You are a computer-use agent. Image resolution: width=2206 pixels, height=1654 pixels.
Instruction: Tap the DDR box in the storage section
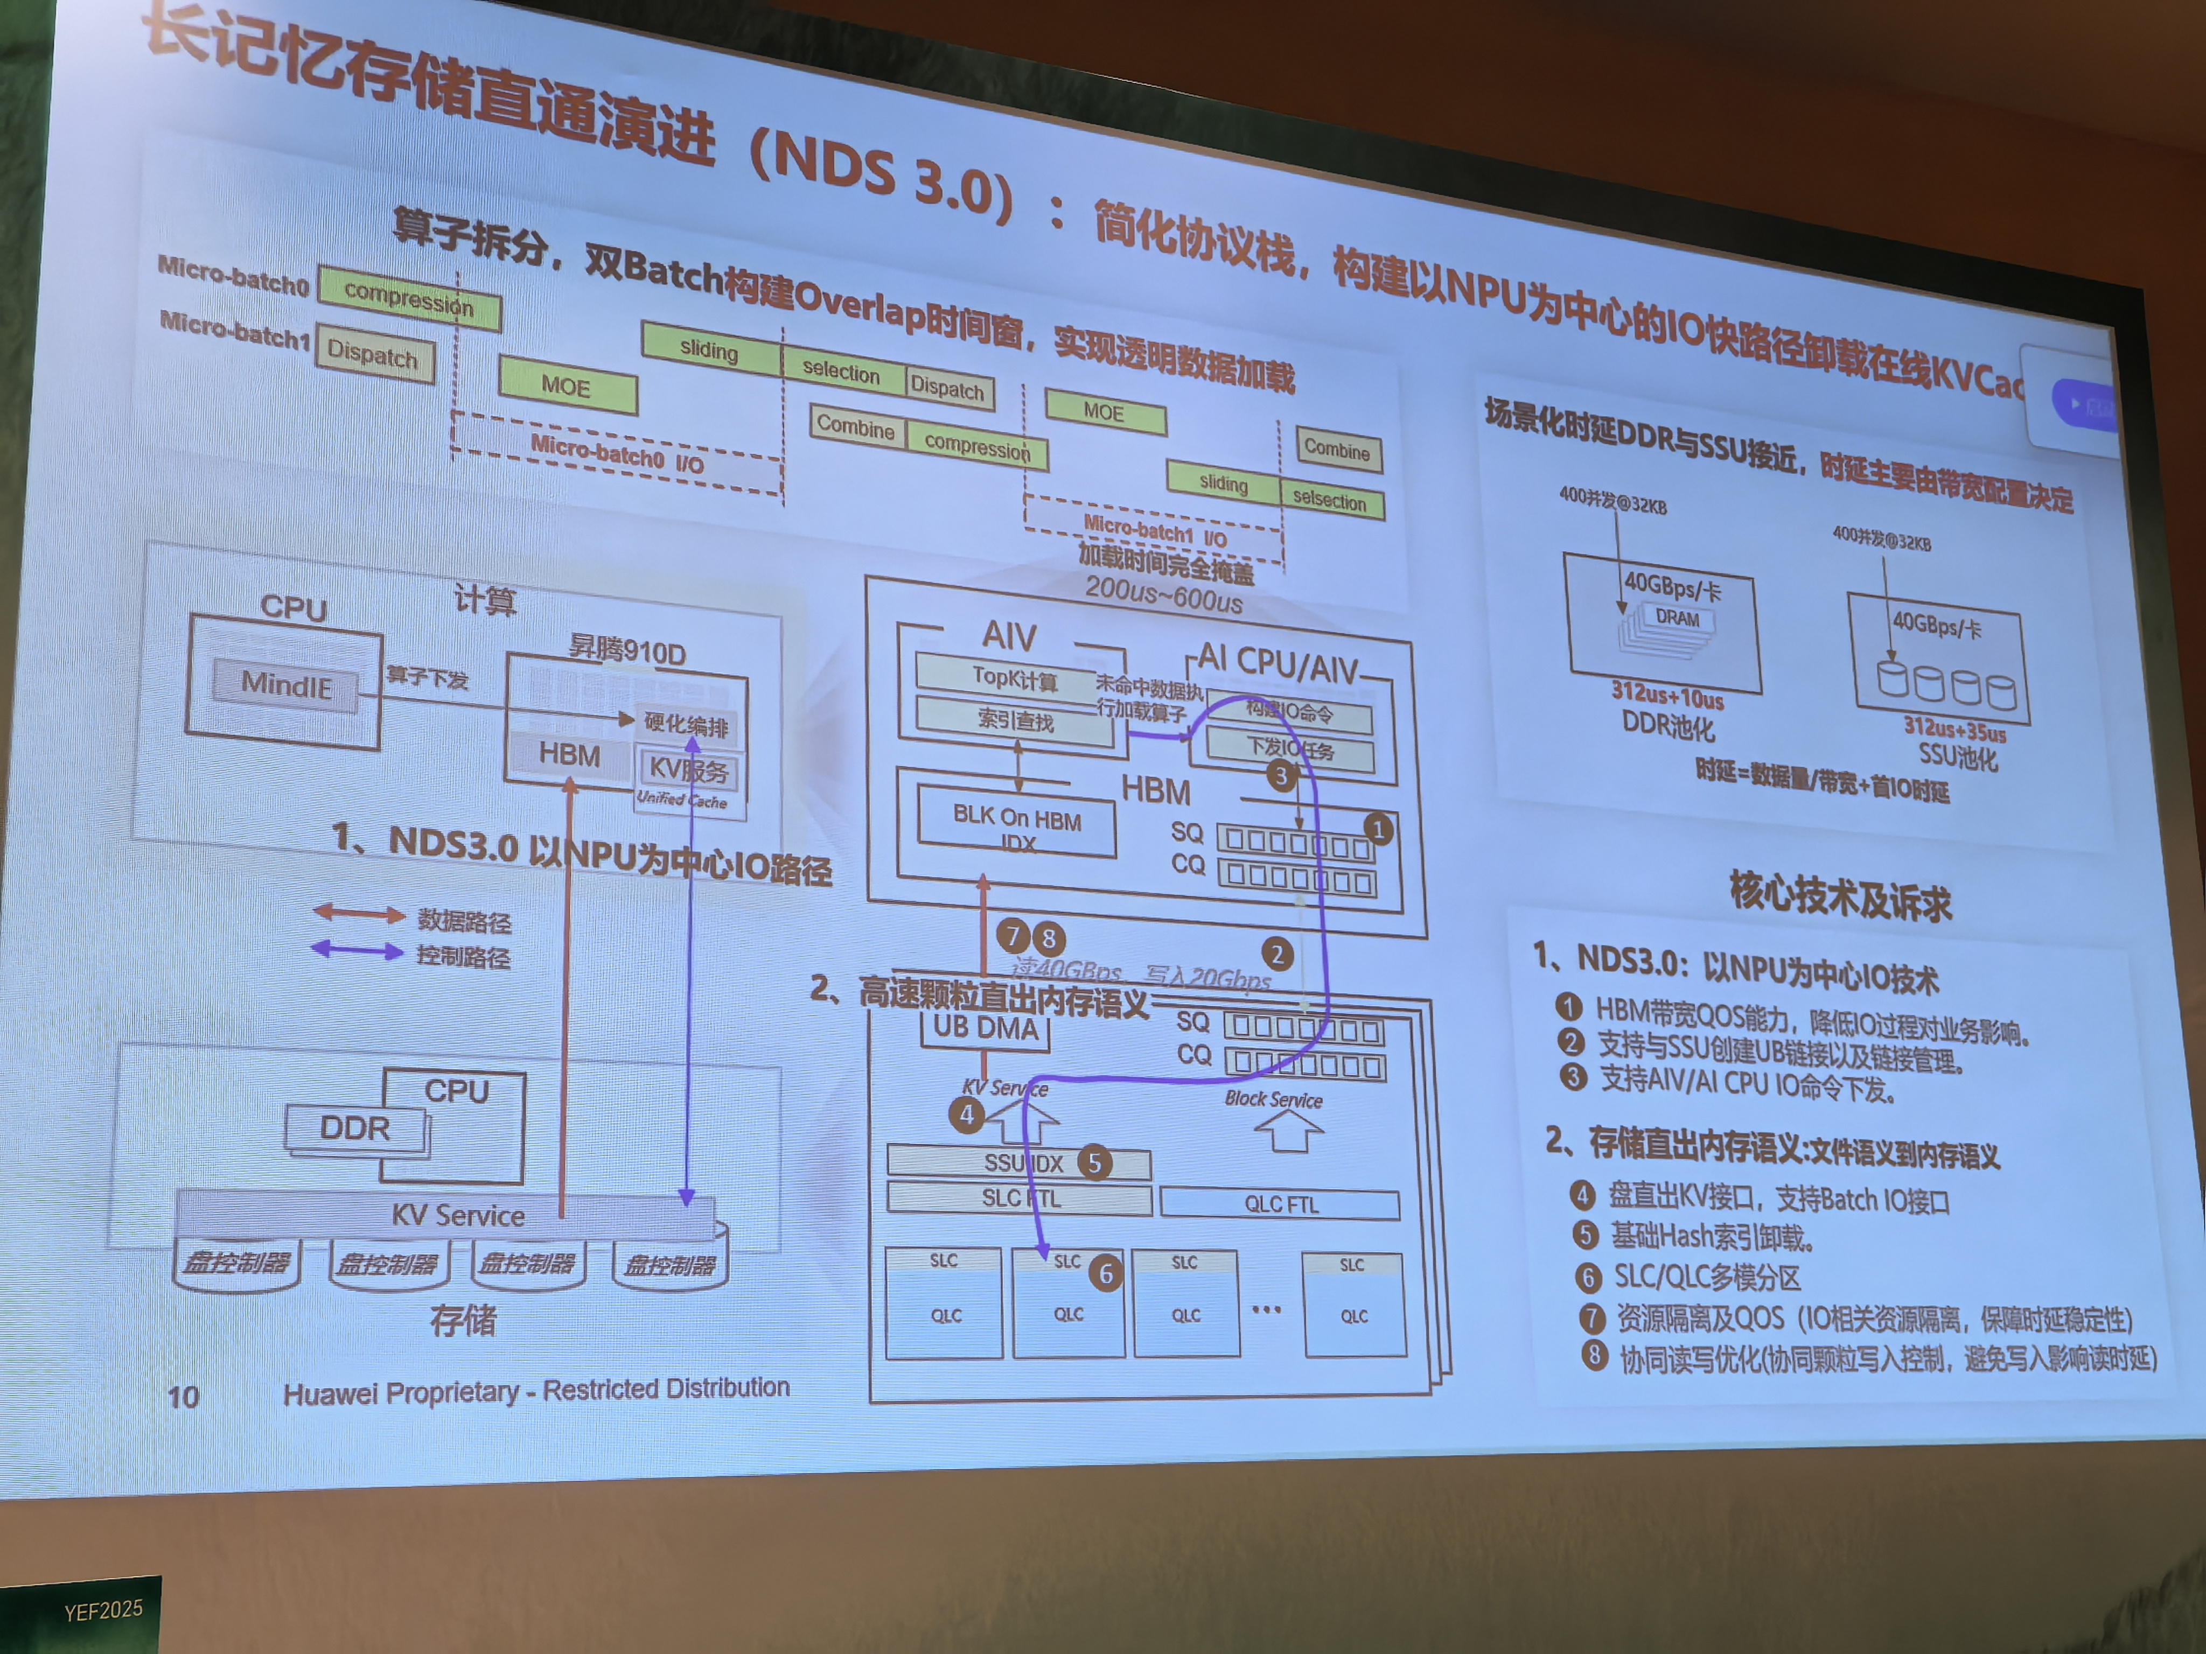tap(355, 1129)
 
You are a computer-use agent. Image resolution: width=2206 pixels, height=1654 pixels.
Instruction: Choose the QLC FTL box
tap(1281, 1204)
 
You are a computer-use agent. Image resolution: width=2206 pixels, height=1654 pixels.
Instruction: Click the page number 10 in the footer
tap(184, 1396)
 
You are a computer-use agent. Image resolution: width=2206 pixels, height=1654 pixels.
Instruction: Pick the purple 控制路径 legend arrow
tap(357, 950)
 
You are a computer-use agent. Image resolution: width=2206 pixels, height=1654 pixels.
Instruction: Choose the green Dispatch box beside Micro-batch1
tap(374, 354)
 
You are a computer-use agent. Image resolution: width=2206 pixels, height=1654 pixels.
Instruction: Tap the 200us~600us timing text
tap(1164, 595)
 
